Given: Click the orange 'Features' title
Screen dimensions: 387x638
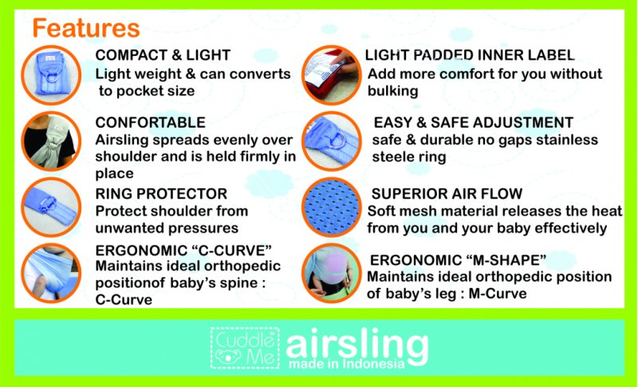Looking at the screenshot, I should [85, 28].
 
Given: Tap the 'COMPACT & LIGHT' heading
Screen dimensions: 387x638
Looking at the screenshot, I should [163, 55].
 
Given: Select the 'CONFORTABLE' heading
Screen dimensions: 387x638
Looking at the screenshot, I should [150, 122].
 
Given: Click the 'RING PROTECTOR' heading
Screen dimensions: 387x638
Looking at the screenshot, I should [161, 193].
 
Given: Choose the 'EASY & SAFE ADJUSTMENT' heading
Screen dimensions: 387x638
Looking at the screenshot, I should [473, 122].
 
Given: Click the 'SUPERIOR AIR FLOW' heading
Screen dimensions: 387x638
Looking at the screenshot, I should [447, 193].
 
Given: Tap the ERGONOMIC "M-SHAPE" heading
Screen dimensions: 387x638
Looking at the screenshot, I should [457, 260].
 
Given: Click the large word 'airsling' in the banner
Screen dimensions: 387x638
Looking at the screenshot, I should [356, 343].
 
